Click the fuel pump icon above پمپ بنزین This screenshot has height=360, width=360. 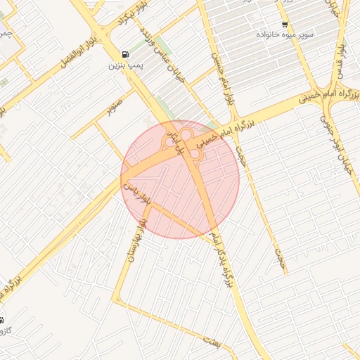tap(125, 53)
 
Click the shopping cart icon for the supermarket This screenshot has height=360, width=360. tap(285, 24)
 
